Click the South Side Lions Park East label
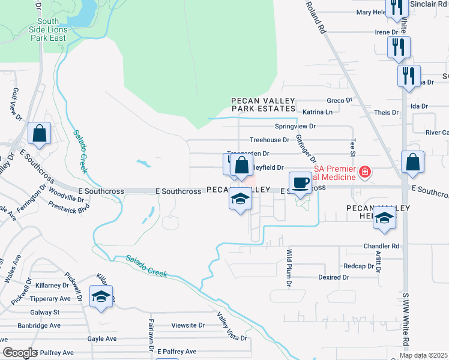(48, 29)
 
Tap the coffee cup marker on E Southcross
(300, 182)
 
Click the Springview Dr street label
(295, 127)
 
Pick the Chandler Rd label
(381, 246)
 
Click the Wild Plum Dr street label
(289, 266)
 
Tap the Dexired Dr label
(334, 277)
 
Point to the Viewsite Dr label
(188, 325)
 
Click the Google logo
(19, 353)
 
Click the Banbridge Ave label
(39, 326)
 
